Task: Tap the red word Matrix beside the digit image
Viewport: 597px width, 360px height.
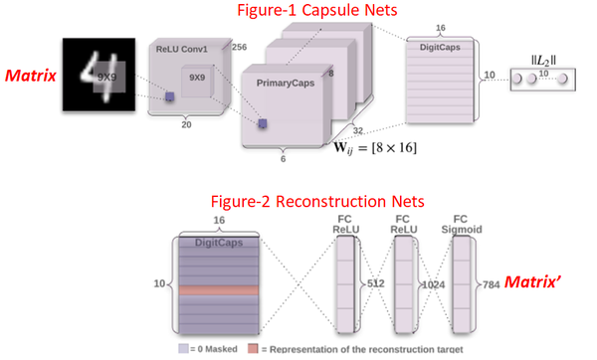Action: [x=30, y=74]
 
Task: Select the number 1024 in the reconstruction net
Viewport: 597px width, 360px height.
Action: [x=429, y=283]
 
